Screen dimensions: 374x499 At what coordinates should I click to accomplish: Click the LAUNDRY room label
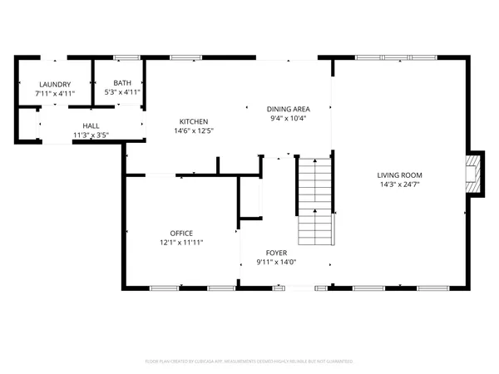coord(53,84)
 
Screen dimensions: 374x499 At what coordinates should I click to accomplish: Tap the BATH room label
coord(122,83)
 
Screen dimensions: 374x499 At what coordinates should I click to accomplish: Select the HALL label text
coord(91,125)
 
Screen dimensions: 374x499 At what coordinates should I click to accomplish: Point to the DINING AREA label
coord(289,109)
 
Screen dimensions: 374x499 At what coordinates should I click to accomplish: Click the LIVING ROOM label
coord(400,175)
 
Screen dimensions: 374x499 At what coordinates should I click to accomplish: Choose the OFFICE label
coord(181,233)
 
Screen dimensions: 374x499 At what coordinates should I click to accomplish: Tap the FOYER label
coord(277,253)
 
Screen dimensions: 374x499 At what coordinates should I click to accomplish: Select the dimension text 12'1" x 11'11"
coord(181,242)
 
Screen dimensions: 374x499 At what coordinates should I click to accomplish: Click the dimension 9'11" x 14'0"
coord(277,262)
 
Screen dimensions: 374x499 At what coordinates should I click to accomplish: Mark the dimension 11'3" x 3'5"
coord(91,135)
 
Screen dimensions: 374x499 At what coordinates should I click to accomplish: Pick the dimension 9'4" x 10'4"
coord(289,118)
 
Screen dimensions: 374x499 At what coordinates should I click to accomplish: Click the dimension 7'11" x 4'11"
coord(53,93)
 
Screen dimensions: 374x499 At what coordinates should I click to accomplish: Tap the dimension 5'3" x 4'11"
coord(122,92)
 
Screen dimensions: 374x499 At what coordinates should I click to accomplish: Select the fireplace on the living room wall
coord(475,175)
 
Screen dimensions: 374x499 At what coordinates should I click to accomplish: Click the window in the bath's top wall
coord(126,57)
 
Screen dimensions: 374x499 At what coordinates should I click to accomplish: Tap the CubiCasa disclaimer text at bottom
coord(249,362)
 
